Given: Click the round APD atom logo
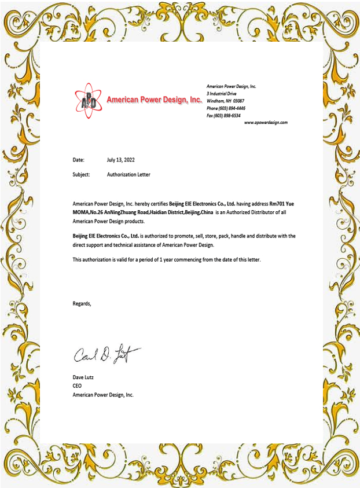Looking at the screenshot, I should click(x=88, y=100).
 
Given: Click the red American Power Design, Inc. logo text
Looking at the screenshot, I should click(x=154, y=100).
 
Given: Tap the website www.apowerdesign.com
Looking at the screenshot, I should click(x=266, y=123).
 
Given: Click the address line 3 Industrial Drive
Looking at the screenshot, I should click(x=222, y=93).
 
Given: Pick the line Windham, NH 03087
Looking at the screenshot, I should click(x=225, y=101).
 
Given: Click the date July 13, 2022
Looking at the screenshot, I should click(x=120, y=159).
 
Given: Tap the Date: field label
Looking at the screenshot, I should click(x=79, y=159).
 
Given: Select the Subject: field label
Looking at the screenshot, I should click(x=81, y=174).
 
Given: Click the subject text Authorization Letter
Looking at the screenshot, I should click(x=128, y=174).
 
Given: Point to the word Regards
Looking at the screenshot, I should click(x=82, y=303).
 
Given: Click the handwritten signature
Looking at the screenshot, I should click(x=106, y=352).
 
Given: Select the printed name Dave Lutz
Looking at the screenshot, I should click(x=83, y=377).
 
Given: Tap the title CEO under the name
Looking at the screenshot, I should click(x=77, y=386).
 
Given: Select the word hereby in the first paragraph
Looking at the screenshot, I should click(x=147, y=204).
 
